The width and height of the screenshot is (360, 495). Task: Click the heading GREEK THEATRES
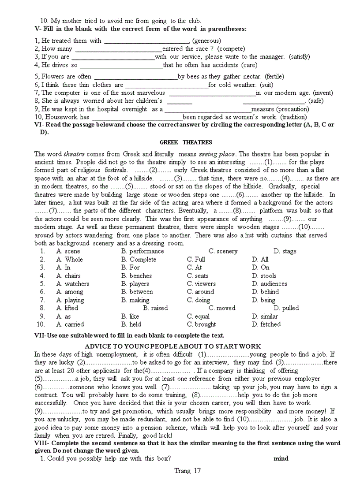tap(185, 142)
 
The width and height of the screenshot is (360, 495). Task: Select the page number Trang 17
tap(187, 471)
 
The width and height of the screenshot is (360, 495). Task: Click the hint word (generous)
tap(206, 41)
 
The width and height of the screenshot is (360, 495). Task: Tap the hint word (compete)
tap(231, 48)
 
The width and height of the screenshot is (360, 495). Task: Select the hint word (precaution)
tap(293, 109)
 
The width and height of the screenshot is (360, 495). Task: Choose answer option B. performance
tap(142, 251)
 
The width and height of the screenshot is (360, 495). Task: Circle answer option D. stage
tap(285, 251)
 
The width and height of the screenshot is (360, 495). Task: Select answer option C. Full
tap(196, 259)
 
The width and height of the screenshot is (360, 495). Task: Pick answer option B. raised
tap(155, 308)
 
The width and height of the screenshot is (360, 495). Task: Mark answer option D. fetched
tap(266, 324)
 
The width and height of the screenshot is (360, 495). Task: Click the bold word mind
tap(281, 458)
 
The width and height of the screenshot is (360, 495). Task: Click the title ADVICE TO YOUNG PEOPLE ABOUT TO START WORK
tap(172, 346)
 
